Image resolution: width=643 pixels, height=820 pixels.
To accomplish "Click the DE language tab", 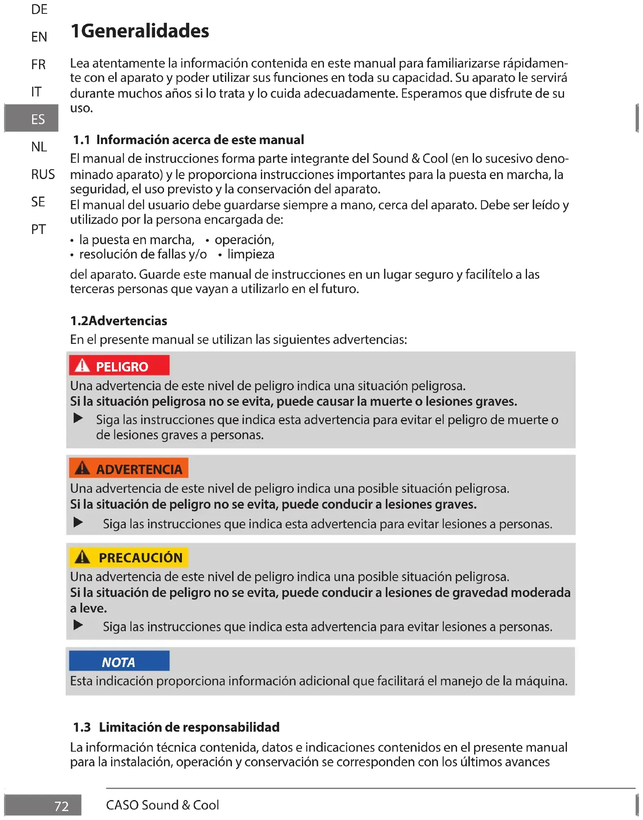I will pos(39,9).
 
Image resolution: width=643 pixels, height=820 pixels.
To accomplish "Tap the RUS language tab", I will pos(43,174).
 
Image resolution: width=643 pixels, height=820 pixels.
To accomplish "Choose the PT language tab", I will pos(38,229).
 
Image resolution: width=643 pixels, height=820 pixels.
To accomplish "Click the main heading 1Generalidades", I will pos(140,31).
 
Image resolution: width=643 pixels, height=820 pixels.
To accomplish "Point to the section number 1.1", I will pos(81,140).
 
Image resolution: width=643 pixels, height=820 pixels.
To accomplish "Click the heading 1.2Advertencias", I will pos(118,321).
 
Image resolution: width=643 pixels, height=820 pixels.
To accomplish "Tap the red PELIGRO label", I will pos(119,366).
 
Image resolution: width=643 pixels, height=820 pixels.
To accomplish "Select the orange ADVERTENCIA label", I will pos(129,468).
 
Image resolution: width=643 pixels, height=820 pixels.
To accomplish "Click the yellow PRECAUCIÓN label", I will pos(129,557).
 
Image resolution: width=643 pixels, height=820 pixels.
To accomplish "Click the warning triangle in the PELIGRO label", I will pos(82,365).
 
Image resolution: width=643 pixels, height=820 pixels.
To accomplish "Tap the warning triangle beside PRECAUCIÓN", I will pos(83,557).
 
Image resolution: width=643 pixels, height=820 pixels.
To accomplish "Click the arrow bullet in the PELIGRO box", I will pos(78,418).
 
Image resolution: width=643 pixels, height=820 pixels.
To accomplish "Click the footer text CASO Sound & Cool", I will pos(162,805).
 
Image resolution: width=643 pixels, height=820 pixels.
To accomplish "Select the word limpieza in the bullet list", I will pos(251,254).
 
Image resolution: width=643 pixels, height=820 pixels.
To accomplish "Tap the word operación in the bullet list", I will pos(244,240).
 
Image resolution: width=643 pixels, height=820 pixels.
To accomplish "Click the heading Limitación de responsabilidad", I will pos(189,727).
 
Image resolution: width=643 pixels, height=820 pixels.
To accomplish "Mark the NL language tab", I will pos(39,147).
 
